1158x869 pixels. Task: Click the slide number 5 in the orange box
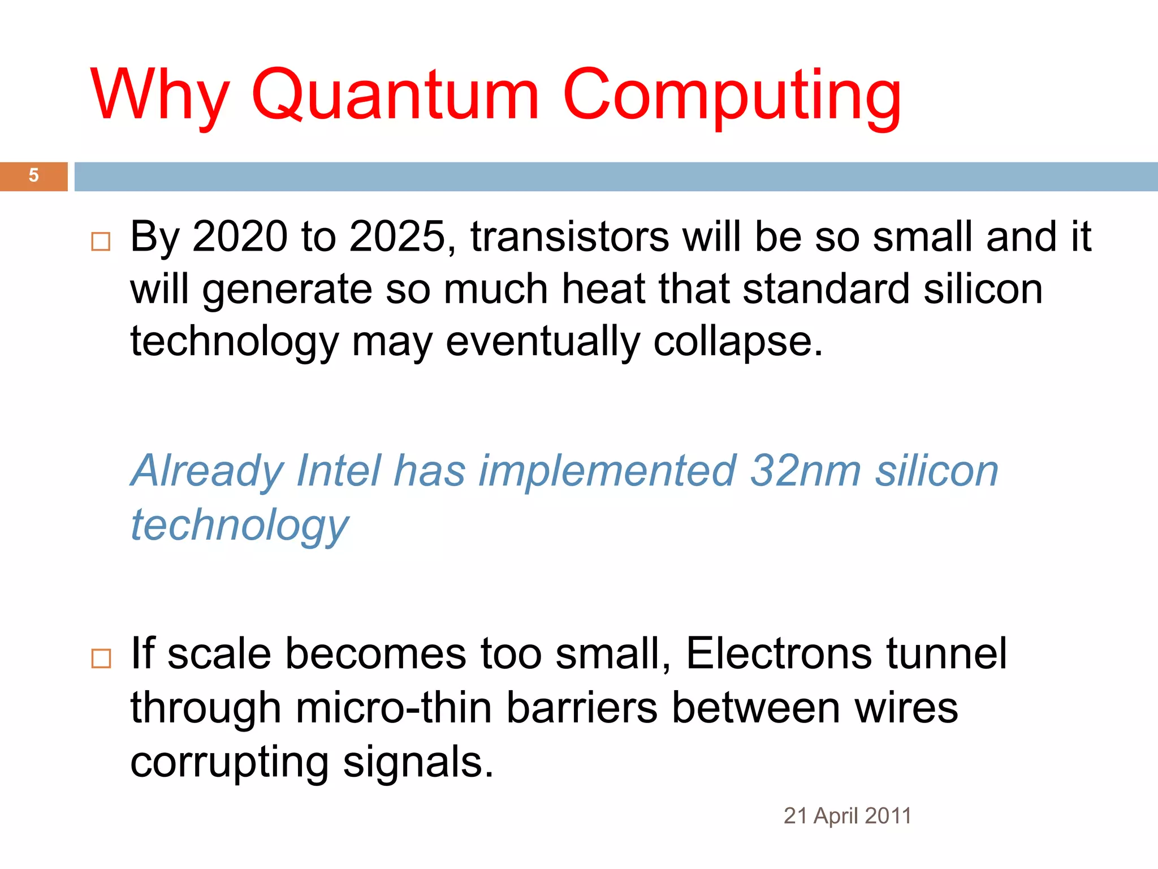pyautogui.click(x=34, y=175)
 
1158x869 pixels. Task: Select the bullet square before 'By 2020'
pyautogui.click(x=101, y=242)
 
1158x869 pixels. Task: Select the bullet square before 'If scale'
pyautogui.click(x=101, y=659)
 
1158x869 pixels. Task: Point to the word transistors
pyautogui.click(x=569, y=236)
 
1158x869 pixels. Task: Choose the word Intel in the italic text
pyautogui.click(x=338, y=471)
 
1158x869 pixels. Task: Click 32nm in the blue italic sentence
pyautogui.click(x=805, y=471)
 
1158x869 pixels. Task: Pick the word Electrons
pyautogui.click(x=779, y=653)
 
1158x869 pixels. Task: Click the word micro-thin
pyautogui.click(x=394, y=708)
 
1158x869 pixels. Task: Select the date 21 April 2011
pyautogui.click(x=847, y=816)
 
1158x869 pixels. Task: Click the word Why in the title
pyautogui.click(x=160, y=95)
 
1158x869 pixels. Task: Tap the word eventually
pyautogui.click(x=542, y=342)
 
